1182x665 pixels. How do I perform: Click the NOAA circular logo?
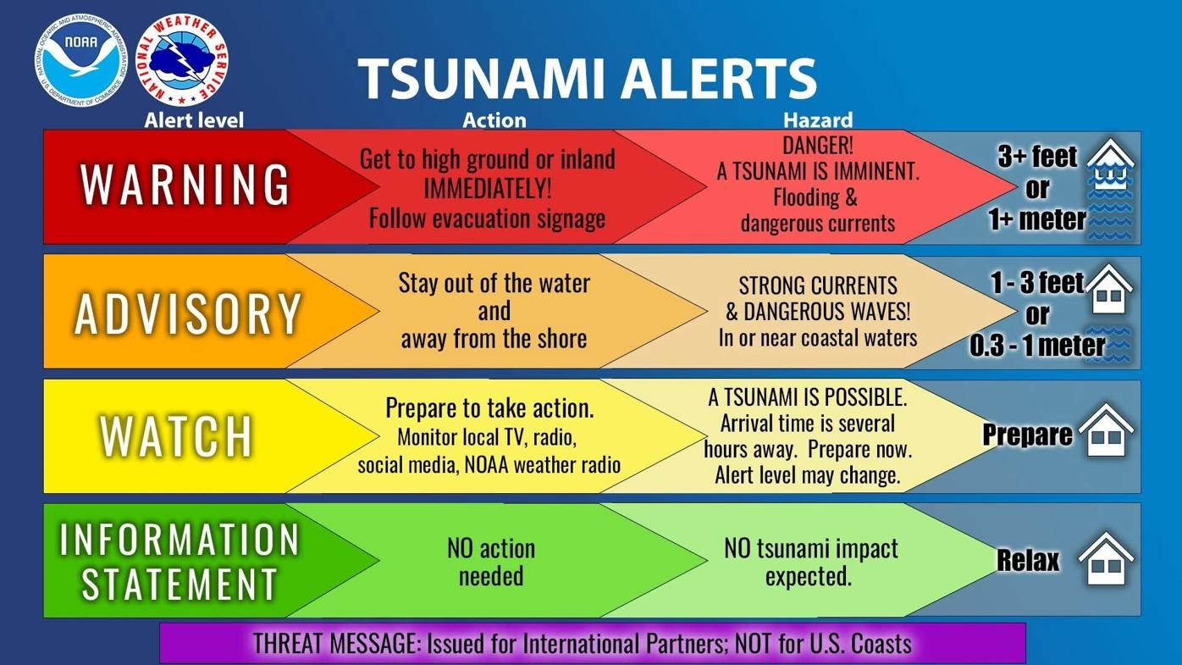(80, 60)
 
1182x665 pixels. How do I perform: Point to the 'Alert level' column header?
(193, 120)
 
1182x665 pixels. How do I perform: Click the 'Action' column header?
(494, 120)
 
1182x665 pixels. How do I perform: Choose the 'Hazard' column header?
(817, 120)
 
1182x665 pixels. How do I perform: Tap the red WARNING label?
(185, 185)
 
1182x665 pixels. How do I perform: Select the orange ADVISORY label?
(188, 313)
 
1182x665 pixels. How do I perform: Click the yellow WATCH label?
(177, 436)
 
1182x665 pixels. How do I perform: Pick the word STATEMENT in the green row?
(180, 584)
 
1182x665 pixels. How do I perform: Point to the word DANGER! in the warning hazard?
(817, 145)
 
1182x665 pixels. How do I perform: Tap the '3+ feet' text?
(1037, 157)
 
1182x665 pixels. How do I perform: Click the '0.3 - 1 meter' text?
(1037, 345)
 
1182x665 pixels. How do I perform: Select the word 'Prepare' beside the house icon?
(1027, 435)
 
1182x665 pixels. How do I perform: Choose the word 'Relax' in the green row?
(1028, 560)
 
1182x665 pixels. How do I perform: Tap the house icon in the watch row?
(1106, 431)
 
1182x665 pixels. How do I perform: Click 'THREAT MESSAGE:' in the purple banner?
(335, 644)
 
